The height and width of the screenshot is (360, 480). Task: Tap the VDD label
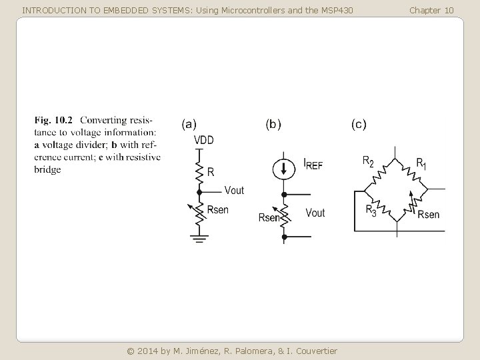pos(204,140)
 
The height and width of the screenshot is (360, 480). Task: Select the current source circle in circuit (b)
pos(285,169)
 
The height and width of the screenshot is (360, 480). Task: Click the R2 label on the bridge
pos(368,161)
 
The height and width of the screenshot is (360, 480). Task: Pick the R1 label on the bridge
pos(421,163)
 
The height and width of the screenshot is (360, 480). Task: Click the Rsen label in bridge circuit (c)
pos(428,214)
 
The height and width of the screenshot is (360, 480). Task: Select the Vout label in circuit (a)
pos(234,190)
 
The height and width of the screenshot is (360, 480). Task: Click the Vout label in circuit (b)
pos(315,213)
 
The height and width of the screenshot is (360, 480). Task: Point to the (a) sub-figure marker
pos(189,123)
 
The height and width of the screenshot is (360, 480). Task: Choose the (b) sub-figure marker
pos(273,123)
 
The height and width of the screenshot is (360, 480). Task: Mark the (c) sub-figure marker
pos(358,123)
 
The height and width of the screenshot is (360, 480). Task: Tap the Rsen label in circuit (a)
pos(218,209)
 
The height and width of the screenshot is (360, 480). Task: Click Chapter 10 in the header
pos(431,10)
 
